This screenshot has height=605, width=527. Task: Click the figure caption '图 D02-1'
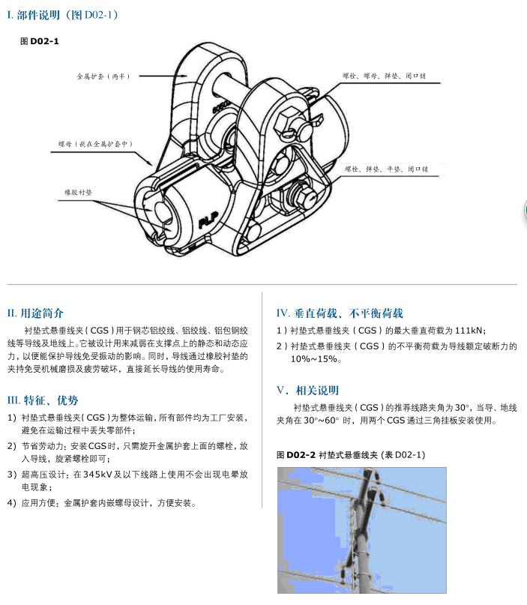(39, 41)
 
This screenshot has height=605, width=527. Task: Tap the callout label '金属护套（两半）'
(103, 76)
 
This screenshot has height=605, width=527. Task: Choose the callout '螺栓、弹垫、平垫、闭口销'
(386, 169)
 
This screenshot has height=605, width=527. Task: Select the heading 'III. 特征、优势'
(42, 400)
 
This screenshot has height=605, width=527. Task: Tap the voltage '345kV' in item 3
(97, 475)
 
